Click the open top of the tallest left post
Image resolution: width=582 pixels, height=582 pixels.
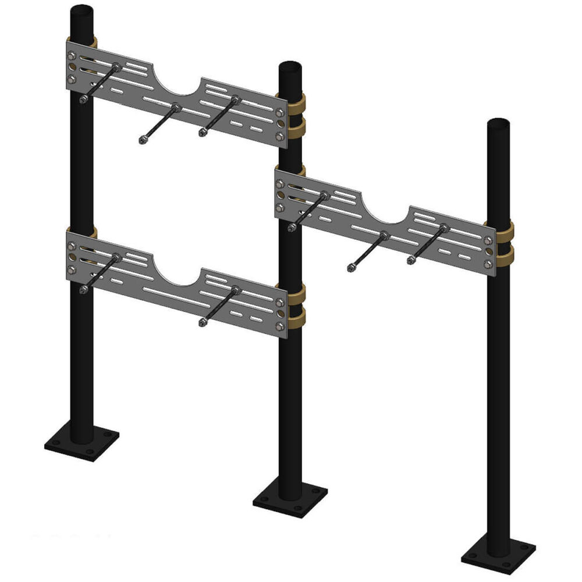pyautogui.click(x=83, y=11)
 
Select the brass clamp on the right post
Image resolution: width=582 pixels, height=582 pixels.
pyautogui.click(x=505, y=241)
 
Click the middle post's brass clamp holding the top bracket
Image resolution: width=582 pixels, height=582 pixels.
pyautogui.click(x=297, y=114)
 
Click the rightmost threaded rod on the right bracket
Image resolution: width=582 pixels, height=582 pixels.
pyautogui.click(x=428, y=244)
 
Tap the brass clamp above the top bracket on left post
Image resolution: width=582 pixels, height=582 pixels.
pyautogui.click(x=90, y=42)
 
